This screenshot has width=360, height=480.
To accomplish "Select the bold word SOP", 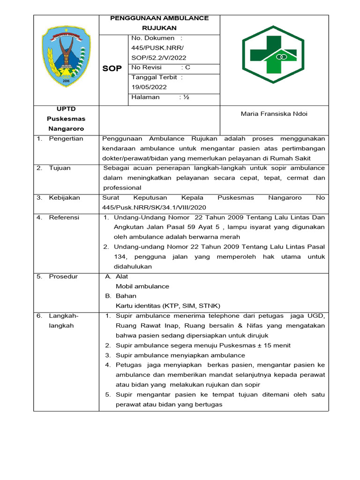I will [x=112, y=68].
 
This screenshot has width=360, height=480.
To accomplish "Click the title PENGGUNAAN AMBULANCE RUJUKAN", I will [x=159, y=22].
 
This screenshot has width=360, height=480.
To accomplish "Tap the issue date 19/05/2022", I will [x=149, y=87].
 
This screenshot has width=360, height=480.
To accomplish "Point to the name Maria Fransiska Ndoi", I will [x=274, y=114].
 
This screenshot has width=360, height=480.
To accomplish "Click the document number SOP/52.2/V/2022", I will [x=159, y=58].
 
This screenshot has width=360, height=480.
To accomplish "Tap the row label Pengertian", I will [x=66, y=139].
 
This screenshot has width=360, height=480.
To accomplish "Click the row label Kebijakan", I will [x=64, y=198].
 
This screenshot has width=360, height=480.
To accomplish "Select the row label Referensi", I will [x=64, y=217].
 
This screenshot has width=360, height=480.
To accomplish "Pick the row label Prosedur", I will [x=63, y=277].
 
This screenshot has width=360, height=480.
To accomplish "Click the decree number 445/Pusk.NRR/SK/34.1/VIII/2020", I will [x=154, y=207].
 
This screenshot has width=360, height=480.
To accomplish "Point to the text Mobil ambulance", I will [x=142, y=286].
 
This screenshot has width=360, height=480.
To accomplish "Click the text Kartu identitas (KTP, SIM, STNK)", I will [x=168, y=306].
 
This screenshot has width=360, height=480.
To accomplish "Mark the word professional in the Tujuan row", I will [x=122, y=187].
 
